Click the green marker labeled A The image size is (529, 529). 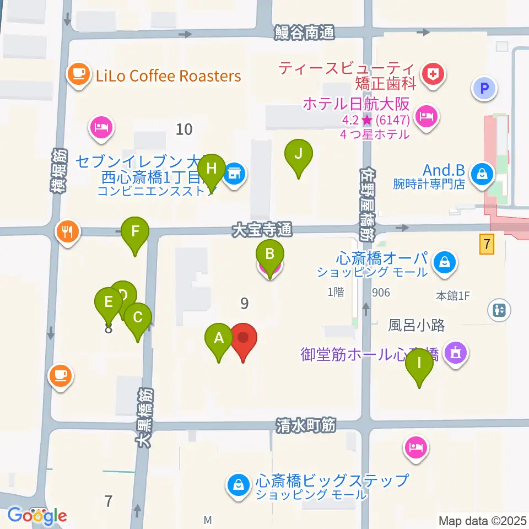click(x=219, y=337)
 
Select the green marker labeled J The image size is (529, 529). click(x=299, y=154)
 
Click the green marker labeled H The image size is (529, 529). click(x=212, y=168)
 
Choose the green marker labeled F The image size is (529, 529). click(x=136, y=231)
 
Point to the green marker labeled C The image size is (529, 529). click(x=138, y=317)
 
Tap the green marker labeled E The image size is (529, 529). click(x=108, y=303)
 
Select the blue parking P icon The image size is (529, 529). click(x=484, y=88)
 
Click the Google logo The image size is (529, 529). click(x=37, y=516)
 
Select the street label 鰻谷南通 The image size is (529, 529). click(x=305, y=34)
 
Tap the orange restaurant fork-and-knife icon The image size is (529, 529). click(x=67, y=231)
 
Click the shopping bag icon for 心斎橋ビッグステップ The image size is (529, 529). click(x=238, y=485)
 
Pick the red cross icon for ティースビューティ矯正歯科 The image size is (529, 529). click(x=432, y=73)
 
